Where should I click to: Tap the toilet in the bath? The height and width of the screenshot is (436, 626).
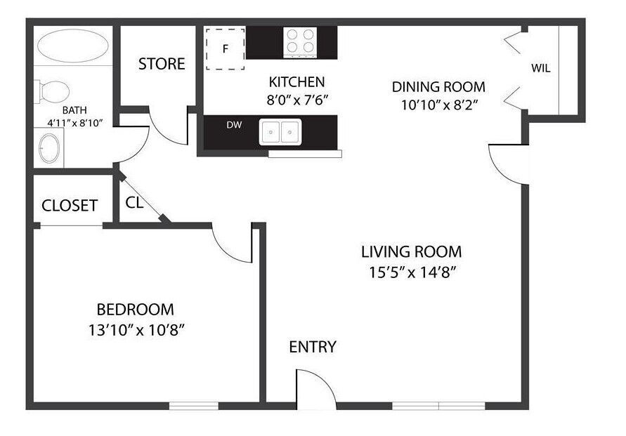[x=53, y=91]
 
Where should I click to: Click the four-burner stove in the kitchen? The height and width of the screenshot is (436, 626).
[x=300, y=43]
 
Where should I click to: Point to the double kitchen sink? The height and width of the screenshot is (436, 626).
[x=280, y=132]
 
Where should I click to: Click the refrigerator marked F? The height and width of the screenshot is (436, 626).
[x=225, y=49]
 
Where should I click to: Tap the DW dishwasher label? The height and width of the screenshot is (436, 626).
[x=234, y=126]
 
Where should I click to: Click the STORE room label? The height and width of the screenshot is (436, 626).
[x=162, y=65]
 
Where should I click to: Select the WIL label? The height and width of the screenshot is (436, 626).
[x=540, y=69]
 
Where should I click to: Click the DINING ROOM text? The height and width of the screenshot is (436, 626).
[x=438, y=87]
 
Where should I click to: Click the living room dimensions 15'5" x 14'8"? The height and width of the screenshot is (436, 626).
[x=411, y=272]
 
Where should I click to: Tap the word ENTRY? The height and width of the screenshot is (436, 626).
[x=313, y=347]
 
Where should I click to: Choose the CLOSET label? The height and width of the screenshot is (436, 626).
[x=69, y=206]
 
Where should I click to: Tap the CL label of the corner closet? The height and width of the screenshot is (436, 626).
[x=135, y=202]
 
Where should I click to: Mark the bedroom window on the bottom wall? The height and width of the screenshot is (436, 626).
[x=193, y=406]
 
